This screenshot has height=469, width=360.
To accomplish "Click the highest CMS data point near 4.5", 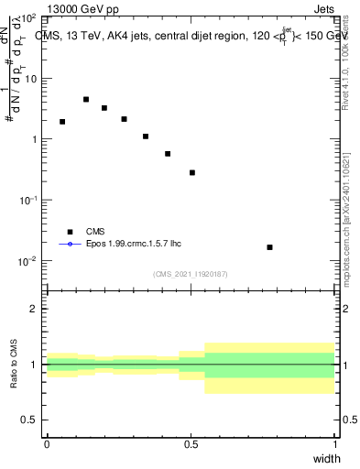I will (86, 99).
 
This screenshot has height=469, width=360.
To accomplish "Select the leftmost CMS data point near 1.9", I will (62, 121).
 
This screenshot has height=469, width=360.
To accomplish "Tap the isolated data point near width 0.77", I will (269, 247).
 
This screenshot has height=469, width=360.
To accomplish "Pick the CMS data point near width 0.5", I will (192, 172).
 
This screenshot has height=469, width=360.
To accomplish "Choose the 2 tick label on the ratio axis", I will (33, 309).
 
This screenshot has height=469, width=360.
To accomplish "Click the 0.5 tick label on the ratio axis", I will (29, 420).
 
